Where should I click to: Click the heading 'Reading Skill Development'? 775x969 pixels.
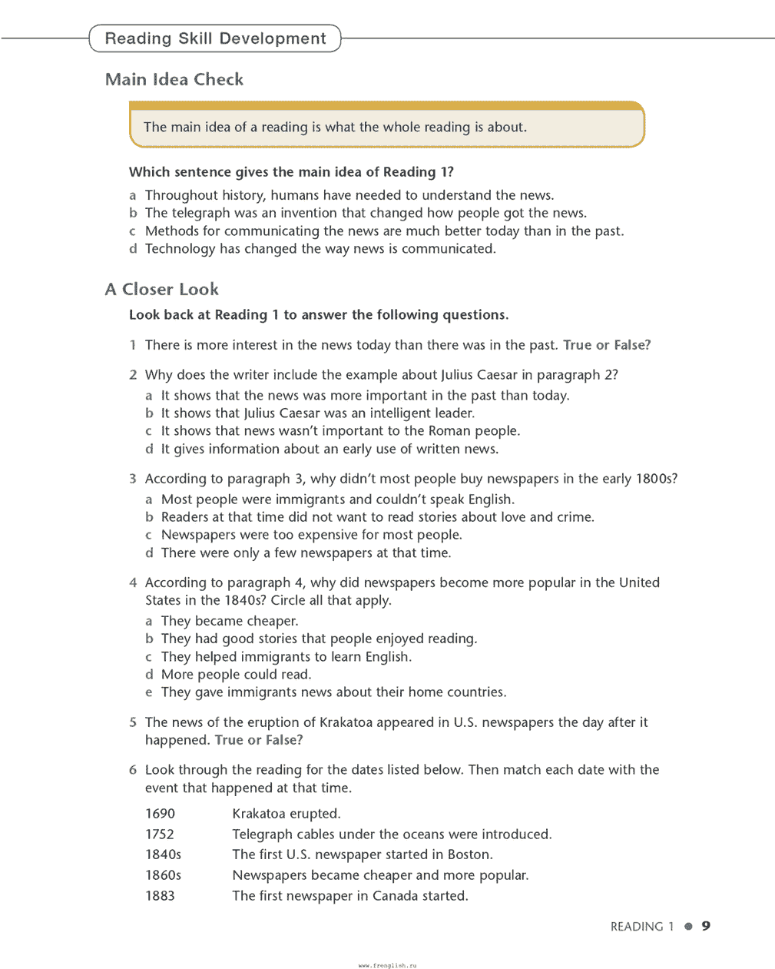pyautogui.click(x=215, y=38)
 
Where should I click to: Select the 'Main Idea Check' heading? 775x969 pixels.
pyautogui.click(x=174, y=79)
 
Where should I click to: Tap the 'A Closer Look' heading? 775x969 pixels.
pyautogui.click(x=162, y=289)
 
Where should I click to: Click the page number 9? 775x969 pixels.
pyautogui.click(x=706, y=926)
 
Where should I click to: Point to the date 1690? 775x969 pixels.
pyautogui.click(x=160, y=814)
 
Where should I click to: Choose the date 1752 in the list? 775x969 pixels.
pyautogui.click(x=160, y=835)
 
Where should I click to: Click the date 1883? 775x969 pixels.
pyautogui.click(x=160, y=896)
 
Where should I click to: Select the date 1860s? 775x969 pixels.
pyautogui.click(x=163, y=875)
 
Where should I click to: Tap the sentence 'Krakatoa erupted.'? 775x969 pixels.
pyautogui.click(x=286, y=814)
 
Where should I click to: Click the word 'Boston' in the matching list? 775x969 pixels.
pyautogui.click(x=469, y=855)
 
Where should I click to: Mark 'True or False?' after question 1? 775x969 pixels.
pyautogui.click(x=607, y=345)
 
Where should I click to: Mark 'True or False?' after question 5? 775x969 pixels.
pyautogui.click(x=259, y=740)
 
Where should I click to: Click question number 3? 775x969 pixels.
pyautogui.click(x=133, y=479)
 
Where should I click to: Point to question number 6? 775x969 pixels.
pyautogui.click(x=133, y=770)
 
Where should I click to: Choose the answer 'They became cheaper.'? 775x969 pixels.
pyautogui.click(x=230, y=621)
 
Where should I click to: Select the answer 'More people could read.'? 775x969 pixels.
pyautogui.click(x=236, y=675)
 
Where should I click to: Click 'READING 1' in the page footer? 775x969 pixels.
pyautogui.click(x=641, y=927)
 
